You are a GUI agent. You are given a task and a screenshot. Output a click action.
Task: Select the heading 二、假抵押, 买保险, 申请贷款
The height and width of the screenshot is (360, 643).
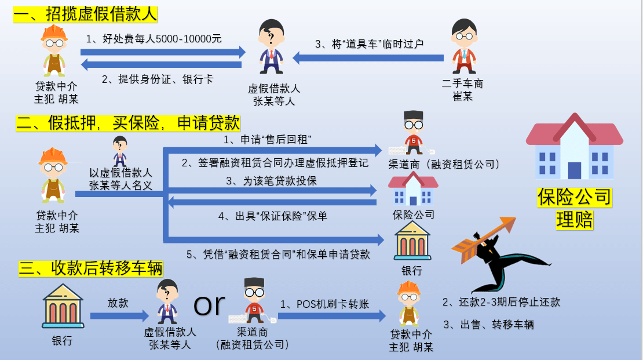(x=128, y=123)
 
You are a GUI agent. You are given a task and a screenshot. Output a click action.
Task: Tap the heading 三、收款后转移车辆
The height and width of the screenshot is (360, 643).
(x=90, y=268)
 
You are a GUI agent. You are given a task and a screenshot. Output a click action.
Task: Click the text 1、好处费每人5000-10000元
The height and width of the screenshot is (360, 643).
(x=154, y=39)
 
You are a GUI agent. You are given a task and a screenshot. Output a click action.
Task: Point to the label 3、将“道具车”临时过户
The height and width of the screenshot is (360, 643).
(x=370, y=43)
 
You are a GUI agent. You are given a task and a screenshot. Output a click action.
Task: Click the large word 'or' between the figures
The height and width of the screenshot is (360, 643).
(x=209, y=304)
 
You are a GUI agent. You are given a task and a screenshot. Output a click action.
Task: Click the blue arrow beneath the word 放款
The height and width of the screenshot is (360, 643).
(x=119, y=316)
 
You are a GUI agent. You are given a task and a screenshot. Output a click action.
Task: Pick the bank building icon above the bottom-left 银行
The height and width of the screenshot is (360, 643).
(x=63, y=306)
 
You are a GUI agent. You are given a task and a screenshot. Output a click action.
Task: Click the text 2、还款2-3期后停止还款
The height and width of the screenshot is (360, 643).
(x=501, y=302)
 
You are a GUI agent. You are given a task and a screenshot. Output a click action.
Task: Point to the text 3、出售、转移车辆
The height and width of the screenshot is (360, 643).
(x=488, y=325)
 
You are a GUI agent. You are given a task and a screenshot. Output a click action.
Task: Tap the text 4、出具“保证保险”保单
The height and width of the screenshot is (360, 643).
(x=272, y=216)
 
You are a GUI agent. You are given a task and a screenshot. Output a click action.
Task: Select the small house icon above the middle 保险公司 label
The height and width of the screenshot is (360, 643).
(x=413, y=188)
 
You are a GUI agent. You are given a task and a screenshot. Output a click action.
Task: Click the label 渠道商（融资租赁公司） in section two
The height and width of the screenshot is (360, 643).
(x=444, y=164)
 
